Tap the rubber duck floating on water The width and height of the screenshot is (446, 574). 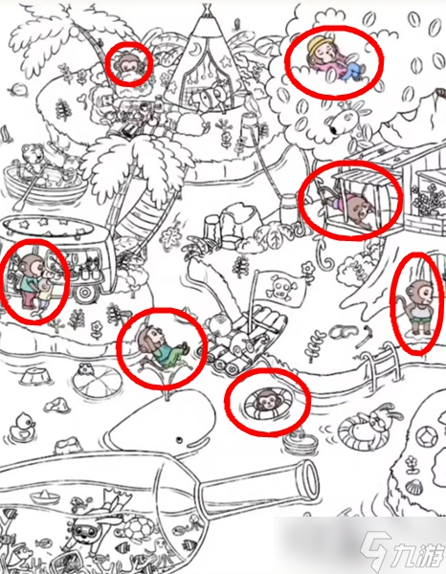pyautogui.click(x=22, y=426)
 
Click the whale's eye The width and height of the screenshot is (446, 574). pyautogui.click(x=179, y=440)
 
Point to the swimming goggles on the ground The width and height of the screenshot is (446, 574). pyautogui.click(x=342, y=333)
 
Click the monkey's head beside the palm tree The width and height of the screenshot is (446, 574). pyautogui.click(x=128, y=65)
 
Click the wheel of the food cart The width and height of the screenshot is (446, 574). pyautogui.click(x=86, y=293)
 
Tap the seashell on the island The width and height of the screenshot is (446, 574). pyautogui.click(x=414, y=487)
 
